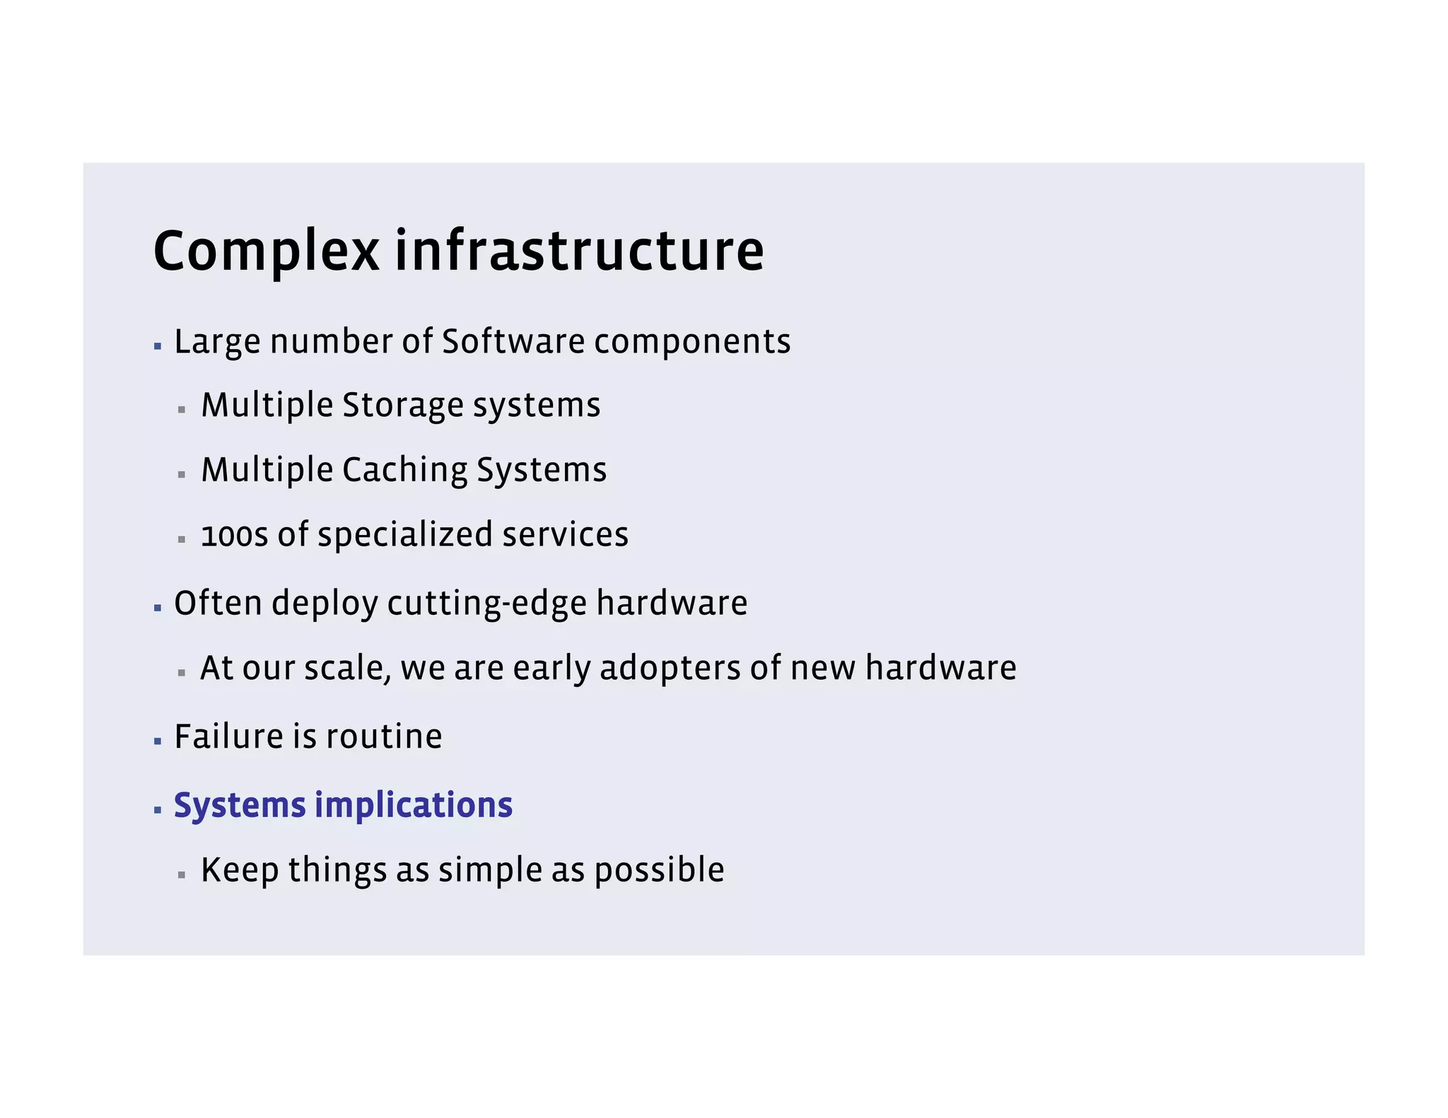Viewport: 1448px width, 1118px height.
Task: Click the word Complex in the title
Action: click(266, 252)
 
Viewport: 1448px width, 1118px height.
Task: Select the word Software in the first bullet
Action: click(513, 341)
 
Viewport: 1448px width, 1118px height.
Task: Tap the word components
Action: click(692, 343)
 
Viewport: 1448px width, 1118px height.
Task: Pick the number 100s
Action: click(234, 535)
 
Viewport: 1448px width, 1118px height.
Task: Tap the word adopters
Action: click(670, 668)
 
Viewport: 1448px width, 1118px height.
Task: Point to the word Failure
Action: click(229, 736)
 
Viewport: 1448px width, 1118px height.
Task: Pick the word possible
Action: click(659, 871)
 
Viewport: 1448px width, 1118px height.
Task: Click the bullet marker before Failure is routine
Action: click(158, 741)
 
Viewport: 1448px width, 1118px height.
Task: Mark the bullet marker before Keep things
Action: click(182, 875)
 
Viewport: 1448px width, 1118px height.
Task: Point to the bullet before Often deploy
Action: click(158, 608)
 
